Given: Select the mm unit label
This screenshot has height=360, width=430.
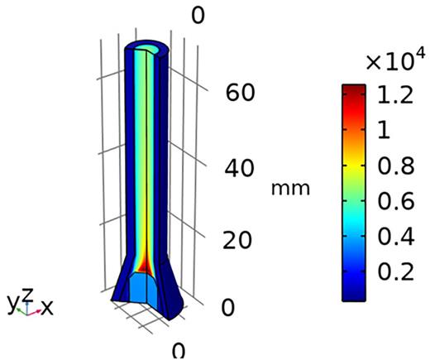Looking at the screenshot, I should pos(290,189).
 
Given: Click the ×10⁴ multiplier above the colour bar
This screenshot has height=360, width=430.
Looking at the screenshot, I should pos(395,60).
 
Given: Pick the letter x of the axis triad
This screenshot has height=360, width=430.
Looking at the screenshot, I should pos(47,308).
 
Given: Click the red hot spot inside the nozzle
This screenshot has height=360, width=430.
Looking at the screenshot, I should pos(144,264).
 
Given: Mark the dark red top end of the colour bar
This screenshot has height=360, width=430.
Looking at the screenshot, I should pos(353,89).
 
